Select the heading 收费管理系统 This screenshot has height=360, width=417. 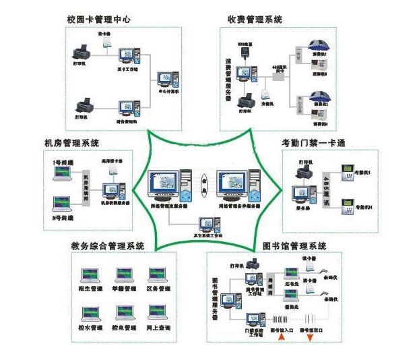coord(255,19)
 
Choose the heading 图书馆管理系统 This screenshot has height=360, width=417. coord(295,246)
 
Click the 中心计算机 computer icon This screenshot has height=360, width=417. coord(166,81)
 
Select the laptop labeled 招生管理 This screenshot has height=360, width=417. coord(90,276)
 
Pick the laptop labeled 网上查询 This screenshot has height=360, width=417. coord(158,313)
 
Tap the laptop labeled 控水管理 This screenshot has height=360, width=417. coord(90,313)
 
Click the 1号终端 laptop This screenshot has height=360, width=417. coord(62,175)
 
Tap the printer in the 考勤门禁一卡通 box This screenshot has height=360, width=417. coord(301,175)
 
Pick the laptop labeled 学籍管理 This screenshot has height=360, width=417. coord(124,276)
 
